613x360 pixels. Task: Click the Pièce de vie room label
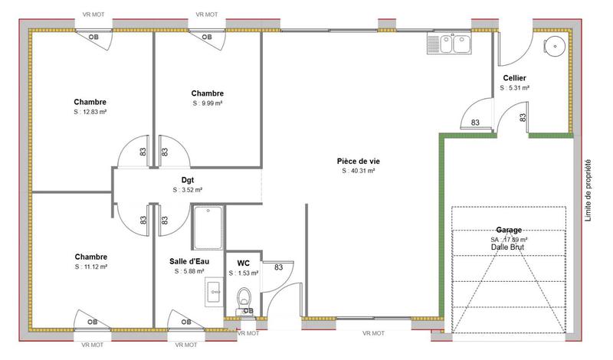click(359, 161)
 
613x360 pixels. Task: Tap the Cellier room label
click(514, 79)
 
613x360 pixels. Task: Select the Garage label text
click(509, 230)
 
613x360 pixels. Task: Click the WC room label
click(244, 263)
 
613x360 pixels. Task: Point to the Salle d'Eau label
click(188, 261)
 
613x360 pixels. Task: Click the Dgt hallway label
click(187, 180)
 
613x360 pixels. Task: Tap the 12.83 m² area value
click(90, 112)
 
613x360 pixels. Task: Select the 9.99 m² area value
click(207, 103)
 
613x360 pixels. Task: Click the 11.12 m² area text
click(90, 267)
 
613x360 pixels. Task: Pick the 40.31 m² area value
click(359, 171)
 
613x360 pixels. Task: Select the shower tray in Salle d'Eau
click(208, 227)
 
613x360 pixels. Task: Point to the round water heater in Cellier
click(556, 45)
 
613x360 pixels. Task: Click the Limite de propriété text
click(588, 190)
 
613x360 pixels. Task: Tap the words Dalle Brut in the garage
click(509, 247)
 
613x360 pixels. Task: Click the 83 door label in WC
click(279, 267)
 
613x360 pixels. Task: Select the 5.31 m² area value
click(515, 88)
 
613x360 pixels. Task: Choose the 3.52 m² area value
click(187, 189)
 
